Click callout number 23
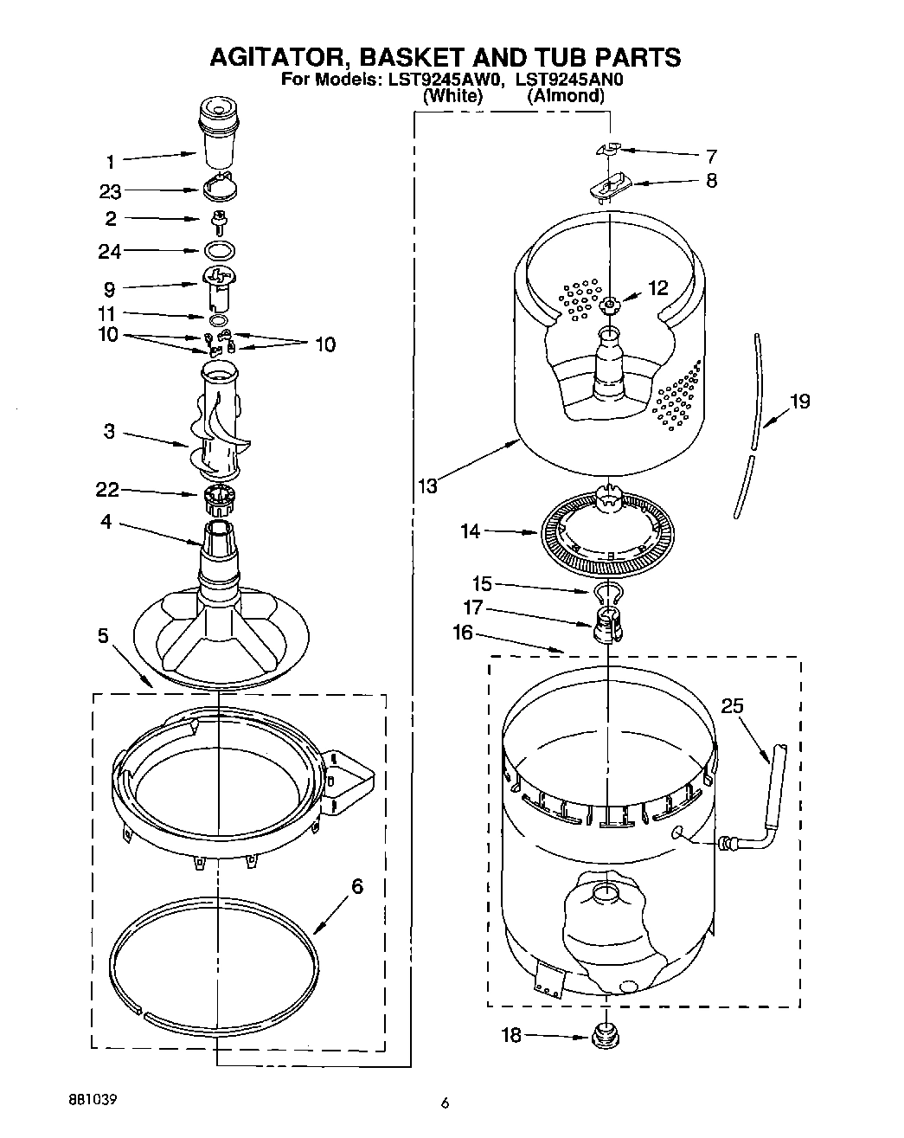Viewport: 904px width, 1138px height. tap(110, 191)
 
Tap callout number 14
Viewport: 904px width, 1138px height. tap(471, 531)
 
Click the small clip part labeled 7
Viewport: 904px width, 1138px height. tap(610, 150)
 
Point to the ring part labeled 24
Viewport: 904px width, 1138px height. tap(221, 251)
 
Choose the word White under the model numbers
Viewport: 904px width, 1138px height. tap(452, 96)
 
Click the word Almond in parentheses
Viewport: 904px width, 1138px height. tap(567, 96)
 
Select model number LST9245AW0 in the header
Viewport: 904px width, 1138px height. tap(442, 80)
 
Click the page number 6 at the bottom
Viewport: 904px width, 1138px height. tap(445, 1103)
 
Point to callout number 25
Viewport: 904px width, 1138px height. tap(732, 706)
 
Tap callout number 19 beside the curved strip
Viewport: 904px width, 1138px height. tap(800, 402)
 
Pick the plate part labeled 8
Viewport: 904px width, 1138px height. tap(611, 183)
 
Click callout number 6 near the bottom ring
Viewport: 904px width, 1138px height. tap(357, 886)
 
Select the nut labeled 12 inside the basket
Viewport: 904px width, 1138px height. tap(609, 303)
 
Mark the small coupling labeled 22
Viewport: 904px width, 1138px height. tap(219, 497)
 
